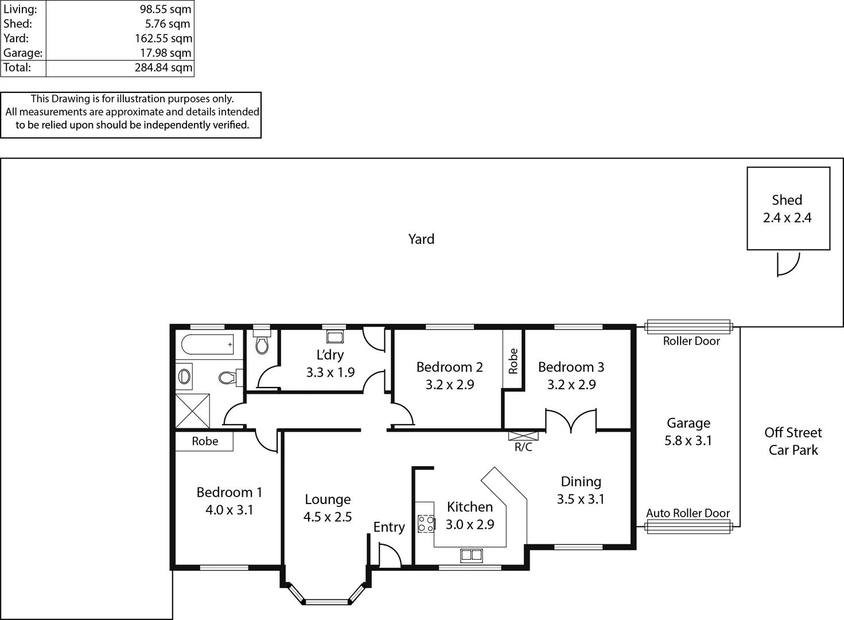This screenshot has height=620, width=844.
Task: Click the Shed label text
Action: click(787, 200)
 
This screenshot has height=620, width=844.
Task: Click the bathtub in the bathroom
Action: click(207, 344)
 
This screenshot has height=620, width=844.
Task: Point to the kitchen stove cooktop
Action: click(426, 524)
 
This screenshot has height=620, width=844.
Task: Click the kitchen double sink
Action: click(471, 555)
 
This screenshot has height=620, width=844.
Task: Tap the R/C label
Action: click(523, 447)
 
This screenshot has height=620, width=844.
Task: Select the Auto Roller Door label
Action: click(688, 513)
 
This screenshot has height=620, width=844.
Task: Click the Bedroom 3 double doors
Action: click(571, 421)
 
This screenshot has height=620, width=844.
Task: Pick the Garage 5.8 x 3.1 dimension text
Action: click(688, 441)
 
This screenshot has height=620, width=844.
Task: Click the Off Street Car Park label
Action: click(793, 441)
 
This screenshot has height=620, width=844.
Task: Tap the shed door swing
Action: click(787, 264)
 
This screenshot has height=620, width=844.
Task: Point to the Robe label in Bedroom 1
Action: click(205, 441)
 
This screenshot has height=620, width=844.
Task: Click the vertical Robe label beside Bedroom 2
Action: click(513, 361)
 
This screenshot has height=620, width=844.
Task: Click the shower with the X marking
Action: click(193, 410)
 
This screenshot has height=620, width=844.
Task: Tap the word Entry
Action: click(389, 527)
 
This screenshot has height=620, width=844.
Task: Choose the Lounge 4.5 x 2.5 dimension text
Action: click(328, 517)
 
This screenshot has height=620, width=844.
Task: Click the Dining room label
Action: click(581, 482)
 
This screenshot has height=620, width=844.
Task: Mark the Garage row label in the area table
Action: click(23, 53)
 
